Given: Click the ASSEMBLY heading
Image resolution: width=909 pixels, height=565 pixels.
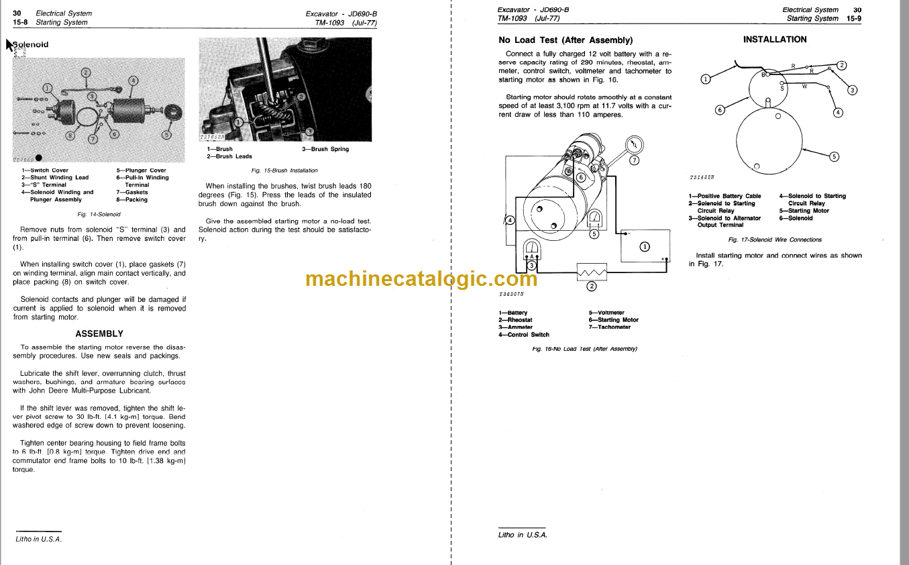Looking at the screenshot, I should pos(99,333).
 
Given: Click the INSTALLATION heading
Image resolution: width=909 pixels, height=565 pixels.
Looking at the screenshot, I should pos(775,40).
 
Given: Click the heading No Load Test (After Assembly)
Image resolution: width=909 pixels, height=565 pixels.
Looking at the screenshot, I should pos(565,40).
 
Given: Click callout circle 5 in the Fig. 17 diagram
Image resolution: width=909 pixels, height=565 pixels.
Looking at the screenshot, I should pos(834,157).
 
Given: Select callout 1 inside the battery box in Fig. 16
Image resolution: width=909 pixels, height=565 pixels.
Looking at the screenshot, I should pos(645,246).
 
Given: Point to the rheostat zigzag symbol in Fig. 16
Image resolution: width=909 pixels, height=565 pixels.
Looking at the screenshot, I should pos(592,272).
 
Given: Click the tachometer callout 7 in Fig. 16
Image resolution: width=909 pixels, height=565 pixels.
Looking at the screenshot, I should pos(635,160).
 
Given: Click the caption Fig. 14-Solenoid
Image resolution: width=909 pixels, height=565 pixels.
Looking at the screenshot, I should pos(99,215).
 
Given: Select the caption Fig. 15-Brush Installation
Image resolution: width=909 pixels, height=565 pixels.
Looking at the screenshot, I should pos(284,170).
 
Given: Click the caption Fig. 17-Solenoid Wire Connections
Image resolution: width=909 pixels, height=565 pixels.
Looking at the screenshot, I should pos(775,240).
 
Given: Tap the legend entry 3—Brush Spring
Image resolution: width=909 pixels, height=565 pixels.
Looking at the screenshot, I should pos(325,149).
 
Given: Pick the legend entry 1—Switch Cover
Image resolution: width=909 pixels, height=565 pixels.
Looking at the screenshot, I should pos(45,170).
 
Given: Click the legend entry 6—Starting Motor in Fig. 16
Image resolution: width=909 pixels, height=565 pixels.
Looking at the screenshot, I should pos(613,320).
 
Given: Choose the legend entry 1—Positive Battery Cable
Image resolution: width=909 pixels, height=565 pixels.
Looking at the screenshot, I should pos(725,196).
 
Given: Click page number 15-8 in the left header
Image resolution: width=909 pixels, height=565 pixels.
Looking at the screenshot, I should pos(20,22).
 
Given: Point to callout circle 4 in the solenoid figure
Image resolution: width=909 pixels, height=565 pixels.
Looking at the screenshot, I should pos(133,81).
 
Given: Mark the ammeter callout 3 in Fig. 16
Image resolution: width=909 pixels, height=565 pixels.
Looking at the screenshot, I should pos(532,266).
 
